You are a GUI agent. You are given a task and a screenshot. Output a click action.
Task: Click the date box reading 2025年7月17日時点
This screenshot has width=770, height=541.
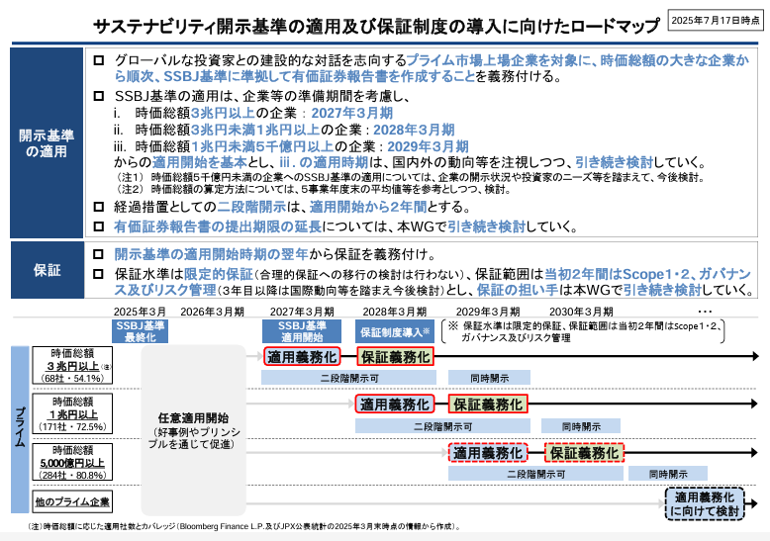(x=715, y=20)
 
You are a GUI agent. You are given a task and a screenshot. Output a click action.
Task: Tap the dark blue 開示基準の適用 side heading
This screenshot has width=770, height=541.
(x=47, y=142)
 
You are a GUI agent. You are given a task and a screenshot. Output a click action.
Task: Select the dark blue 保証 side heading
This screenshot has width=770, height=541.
(x=48, y=270)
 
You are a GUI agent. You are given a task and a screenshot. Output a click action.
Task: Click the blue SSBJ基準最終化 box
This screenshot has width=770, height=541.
(x=140, y=331)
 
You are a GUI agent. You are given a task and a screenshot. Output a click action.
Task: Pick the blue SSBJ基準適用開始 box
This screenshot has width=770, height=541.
(x=302, y=331)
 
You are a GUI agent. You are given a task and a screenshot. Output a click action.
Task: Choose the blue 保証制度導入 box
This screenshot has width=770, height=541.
(x=395, y=332)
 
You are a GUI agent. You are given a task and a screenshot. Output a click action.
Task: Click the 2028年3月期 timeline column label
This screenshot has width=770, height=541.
(x=394, y=312)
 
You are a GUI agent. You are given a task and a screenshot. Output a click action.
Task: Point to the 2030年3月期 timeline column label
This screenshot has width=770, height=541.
(x=581, y=312)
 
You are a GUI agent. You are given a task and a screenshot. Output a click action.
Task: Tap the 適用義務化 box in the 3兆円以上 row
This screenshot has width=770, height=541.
(x=302, y=357)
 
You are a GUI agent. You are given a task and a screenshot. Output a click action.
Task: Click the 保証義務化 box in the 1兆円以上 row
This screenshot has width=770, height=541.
(x=488, y=405)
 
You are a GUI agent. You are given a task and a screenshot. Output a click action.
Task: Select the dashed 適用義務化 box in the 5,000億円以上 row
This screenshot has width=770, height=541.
(x=488, y=453)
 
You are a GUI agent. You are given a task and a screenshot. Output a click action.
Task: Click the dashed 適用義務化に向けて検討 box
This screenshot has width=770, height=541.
(x=705, y=503)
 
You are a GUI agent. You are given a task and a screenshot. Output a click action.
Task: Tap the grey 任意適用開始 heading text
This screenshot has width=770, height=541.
(x=193, y=417)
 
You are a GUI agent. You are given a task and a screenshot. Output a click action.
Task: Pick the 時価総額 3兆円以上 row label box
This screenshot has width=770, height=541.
(x=72, y=365)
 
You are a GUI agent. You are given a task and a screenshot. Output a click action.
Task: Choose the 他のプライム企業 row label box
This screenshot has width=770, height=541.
(x=72, y=501)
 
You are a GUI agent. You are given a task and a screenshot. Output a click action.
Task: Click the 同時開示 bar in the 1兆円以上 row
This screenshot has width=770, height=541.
(x=581, y=426)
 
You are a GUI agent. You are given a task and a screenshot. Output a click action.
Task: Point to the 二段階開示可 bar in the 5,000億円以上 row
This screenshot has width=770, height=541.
(x=535, y=474)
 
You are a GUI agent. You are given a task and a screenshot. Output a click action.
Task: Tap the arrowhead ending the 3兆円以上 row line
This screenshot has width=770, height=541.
(x=755, y=356)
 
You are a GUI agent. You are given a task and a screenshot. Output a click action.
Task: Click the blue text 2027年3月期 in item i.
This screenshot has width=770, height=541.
(x=352, y=113)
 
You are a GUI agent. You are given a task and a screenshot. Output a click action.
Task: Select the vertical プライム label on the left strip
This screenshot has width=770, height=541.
(x=20, y=427)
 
